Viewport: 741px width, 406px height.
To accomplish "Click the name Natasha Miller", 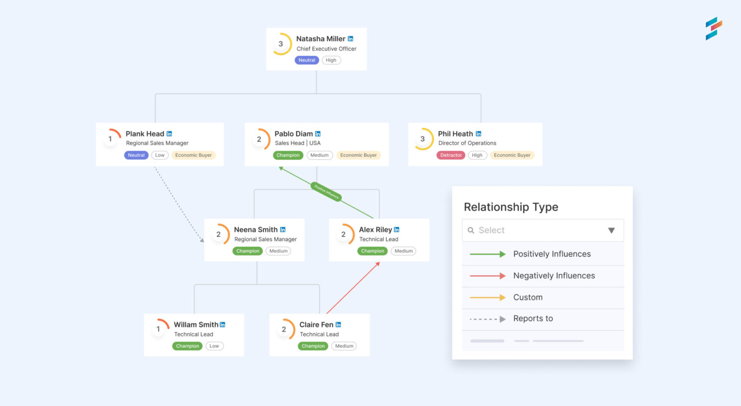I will pos(320,39).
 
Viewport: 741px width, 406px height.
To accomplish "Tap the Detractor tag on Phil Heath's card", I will pos(451,155).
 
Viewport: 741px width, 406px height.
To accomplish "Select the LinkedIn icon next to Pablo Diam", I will pos(318,134).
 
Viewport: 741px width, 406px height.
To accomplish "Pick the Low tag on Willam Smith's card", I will pos(214,346).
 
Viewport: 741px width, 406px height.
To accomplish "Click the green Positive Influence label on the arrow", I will pos(327,192).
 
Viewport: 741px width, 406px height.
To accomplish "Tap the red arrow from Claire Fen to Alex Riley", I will pos(352,288).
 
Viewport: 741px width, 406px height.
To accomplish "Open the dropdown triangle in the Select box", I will pos(611,231).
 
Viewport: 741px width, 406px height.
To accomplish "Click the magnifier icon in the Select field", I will pos(471,231).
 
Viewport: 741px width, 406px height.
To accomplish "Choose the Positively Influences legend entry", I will pos(551,254).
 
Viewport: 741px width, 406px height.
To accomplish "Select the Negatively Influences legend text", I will pos(554,276).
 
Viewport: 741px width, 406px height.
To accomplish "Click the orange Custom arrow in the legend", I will pos(488,297).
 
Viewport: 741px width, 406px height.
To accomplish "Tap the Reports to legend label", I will pos(533,319).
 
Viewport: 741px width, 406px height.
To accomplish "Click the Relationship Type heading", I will pos(511,207).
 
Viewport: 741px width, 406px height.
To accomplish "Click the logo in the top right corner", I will pos(714,28).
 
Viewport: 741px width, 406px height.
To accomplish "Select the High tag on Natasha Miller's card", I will pos(331,60).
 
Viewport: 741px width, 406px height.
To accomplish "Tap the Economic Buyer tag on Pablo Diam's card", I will pos(358,155).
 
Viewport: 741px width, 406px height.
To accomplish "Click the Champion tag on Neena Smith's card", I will pos(247,251).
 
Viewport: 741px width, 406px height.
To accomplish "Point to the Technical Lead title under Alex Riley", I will pos(379,239).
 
